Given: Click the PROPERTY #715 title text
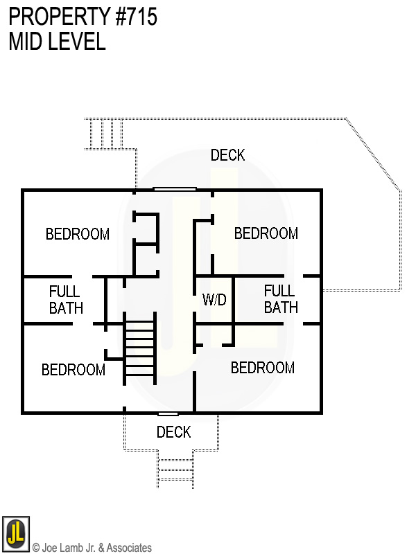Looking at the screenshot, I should [x=83, y=17].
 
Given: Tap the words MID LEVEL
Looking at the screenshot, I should [x=57, y=42].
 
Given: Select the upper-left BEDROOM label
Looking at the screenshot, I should [x=78, y=234].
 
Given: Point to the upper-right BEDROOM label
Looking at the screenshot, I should [x=266, y=233].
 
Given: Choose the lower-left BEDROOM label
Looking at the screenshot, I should [x=73, y=370].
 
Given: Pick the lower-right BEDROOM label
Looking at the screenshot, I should [x=263, y=368].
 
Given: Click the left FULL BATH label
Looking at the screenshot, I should [x=65, y=300].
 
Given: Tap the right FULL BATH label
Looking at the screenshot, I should [x=280, y=299].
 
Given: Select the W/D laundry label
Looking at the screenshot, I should [x=214, y=301].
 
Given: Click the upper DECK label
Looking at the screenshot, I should [x=227, y=155].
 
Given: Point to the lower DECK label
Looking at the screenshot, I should [x=173, y=432].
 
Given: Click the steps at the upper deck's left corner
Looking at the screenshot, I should [x=105, y=133].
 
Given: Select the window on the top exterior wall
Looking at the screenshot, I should [x=175, y=189].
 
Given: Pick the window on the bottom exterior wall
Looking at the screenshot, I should [x=168, y=413].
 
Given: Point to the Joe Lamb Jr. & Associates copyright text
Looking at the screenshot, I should [x=92, y=548].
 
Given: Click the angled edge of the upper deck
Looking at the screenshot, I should [x=373, y=154].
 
